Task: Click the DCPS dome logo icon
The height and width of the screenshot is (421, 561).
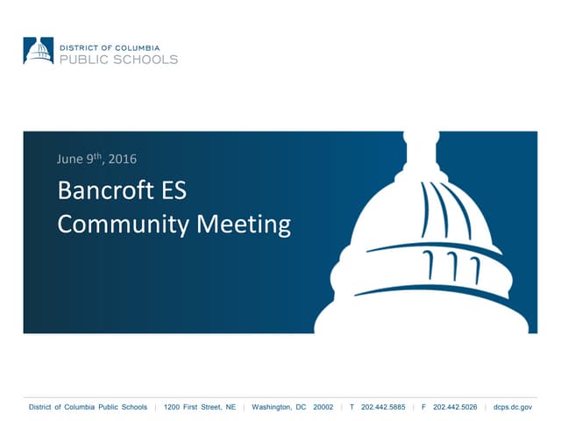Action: (39, 51)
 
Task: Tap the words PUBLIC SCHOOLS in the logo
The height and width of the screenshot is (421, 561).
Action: (117, 59)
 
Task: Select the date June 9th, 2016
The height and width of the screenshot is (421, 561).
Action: (96, 159)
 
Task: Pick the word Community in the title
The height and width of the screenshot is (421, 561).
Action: (121, 224)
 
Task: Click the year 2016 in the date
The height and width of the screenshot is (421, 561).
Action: (123, 159)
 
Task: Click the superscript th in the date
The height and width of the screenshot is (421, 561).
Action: (101, 156)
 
